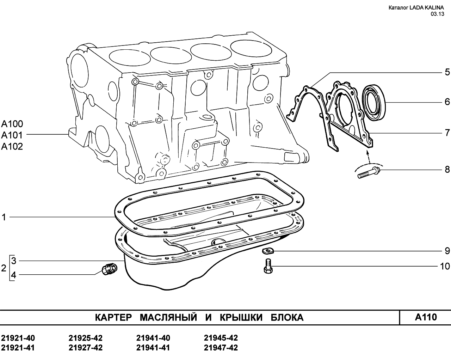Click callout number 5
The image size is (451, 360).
coord(447,72)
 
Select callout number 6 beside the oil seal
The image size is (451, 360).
coord(447,102)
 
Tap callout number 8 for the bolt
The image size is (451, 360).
coord(447,169)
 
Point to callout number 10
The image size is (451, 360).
coord(445,267)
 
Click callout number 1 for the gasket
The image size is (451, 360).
coord(4,217)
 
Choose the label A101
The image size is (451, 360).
coord(12,135)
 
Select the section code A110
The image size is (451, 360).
coord(426,317)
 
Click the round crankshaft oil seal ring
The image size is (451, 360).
coord(374,103)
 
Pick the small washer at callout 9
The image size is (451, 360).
coord(268,250)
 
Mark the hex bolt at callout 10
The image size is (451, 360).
coord(268,266)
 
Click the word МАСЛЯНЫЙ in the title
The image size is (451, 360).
coord(168,317)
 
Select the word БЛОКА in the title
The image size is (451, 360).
coord(287,318)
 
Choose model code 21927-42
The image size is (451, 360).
coord(86,348)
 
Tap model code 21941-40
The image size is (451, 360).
coord(153,338)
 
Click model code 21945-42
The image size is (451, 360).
coord(221,338)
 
